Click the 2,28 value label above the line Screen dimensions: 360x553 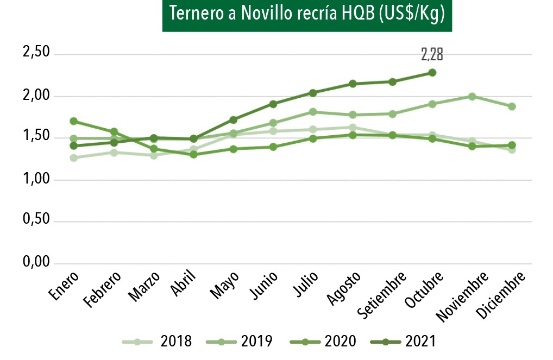432,54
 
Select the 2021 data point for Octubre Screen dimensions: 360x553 432,72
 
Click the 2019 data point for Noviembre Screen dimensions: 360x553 472,97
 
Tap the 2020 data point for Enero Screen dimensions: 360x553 73,121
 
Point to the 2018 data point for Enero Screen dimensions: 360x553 73,158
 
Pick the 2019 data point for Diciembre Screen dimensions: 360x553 512,106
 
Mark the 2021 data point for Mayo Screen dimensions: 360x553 233,119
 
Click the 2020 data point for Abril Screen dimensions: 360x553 193,155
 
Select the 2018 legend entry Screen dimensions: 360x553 158,342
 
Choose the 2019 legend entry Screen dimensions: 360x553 239,342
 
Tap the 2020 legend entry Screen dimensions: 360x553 323,342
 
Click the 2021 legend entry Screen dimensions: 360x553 404,342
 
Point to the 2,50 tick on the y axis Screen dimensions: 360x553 36,53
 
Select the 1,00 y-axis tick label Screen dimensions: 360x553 36,179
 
